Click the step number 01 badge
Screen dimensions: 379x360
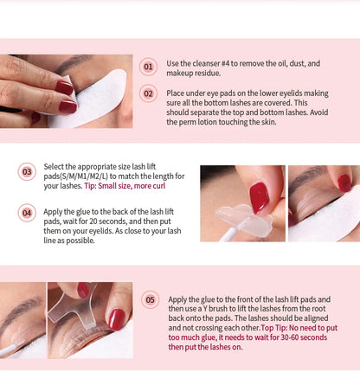[x=148, y=67]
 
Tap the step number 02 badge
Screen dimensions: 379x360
[x=148, y=93]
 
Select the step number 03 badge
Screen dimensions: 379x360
[x=27, y=171]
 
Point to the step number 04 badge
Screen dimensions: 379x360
[x=27, y=212]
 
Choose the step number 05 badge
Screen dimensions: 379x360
[x=151, y=300]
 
